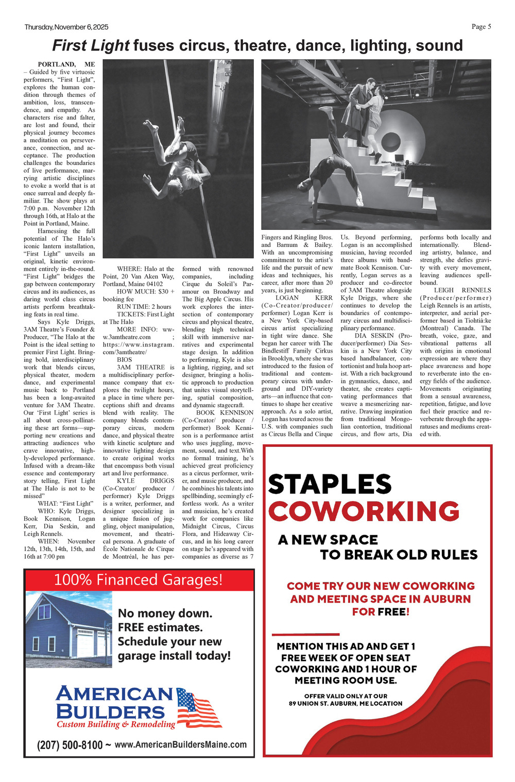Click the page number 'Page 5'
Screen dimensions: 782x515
click(x=481, y=27)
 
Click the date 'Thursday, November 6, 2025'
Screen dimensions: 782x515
click(x=66, y=27)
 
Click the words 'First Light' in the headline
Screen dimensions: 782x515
click(x=91, y=46)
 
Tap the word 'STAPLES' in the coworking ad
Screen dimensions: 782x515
click(x=330, y=485)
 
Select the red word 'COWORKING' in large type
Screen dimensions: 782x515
click(x=364, y=511)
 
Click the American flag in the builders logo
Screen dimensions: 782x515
click(x=198, y=708)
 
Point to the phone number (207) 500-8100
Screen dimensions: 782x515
click(x=70, y=745)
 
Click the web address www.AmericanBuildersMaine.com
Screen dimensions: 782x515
click(x=180, y=745)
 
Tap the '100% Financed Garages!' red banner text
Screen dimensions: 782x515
click(x=139, y=580)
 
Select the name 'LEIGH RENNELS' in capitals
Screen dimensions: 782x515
click(x=462, y=290)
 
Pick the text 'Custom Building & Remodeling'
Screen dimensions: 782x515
click(x=116, y=724)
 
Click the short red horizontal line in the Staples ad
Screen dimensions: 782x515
click(x=305, y=634)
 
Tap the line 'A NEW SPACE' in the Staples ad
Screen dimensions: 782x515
click(x=328, y=540)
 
